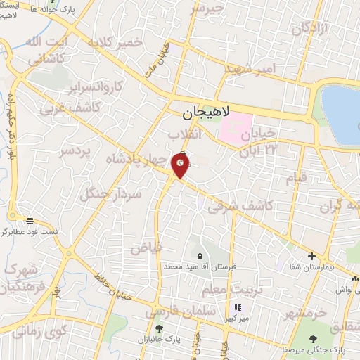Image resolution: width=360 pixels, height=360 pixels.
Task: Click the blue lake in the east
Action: [x=342, y=112]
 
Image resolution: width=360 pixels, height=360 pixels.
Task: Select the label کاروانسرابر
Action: [x=96, y=86]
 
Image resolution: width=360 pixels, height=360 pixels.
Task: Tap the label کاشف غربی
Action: [x=63, y=105]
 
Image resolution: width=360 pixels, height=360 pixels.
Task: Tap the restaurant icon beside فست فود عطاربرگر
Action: [x=30, y=219]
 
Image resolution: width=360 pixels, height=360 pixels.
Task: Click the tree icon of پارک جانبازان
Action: [x=159, y=328]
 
